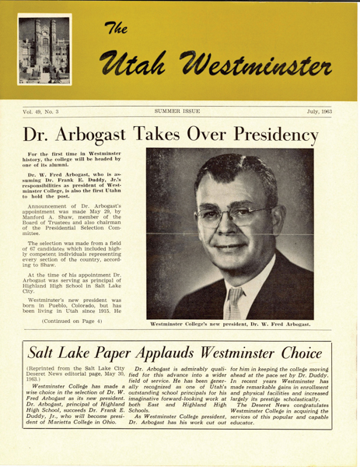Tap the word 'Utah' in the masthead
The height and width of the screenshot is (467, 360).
(142, 60)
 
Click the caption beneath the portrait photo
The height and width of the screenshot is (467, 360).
(231, 327)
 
